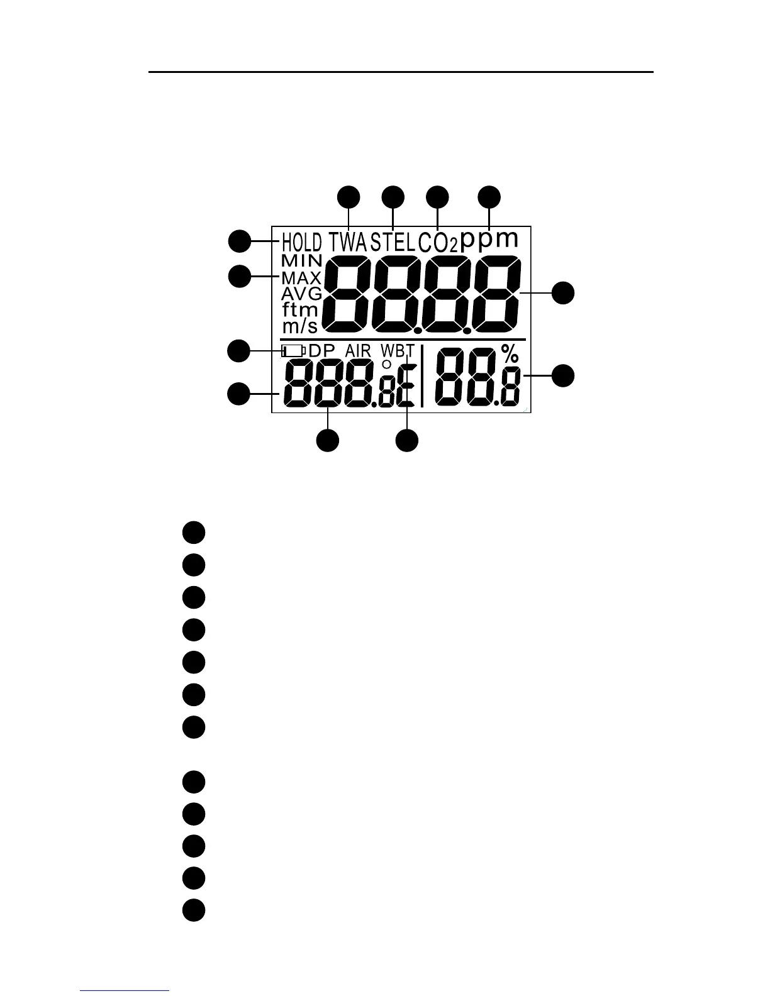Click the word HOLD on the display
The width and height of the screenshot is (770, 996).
301,242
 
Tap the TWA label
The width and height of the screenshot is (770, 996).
349,242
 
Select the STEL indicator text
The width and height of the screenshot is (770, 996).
393,242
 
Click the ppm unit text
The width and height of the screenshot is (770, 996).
489,240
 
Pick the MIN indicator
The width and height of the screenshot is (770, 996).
302,260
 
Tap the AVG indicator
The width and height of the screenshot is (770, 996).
301,294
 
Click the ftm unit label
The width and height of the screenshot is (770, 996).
300,309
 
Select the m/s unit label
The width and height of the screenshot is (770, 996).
300,326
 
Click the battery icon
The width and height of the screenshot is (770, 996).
293,351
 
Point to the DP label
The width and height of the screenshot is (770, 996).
323,351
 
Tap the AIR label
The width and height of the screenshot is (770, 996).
358,351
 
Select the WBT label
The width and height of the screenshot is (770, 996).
397,351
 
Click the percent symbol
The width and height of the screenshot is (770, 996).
510,355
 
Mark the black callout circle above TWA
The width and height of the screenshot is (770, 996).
349,196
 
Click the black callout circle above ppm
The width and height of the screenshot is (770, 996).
489,196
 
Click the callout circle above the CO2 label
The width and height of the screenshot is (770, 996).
438,196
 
